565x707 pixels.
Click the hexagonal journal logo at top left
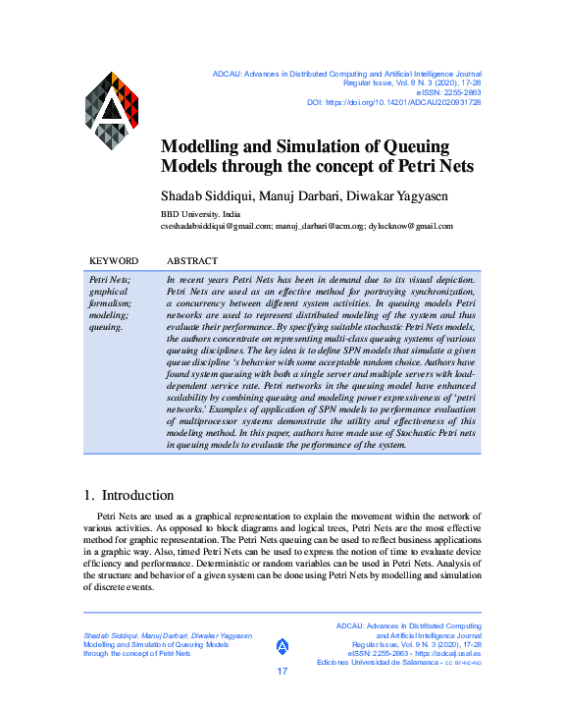pyautogui.click(x=111, y=110)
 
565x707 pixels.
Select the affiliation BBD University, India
pyautogui.click(x=200, y=213)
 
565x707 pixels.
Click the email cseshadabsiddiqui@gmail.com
pyautogui.click(x=215, y=226)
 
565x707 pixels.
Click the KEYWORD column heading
pyautogui.click(x=113, y=261)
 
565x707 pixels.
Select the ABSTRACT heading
pyautogui.click(x=192, y=261)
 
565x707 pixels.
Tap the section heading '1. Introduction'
pyautogui.click(x=128, y=495)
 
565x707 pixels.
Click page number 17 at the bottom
pyautogui.click(x=282, y=672)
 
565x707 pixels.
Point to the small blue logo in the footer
pyautogui.click(x=282, y=645)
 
